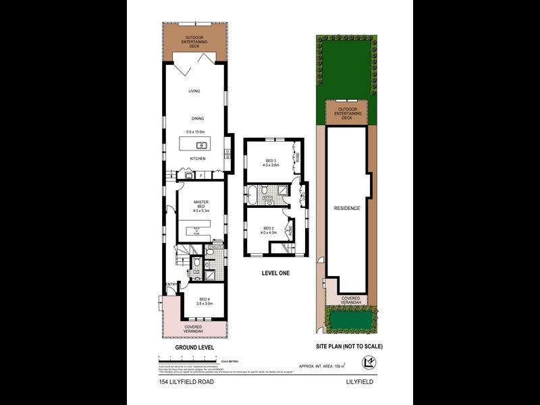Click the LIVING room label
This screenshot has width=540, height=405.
pos(194,91)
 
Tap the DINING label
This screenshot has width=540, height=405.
pos(197,117)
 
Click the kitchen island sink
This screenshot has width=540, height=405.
pos(201,144)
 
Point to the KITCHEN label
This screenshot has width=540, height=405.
pos(197,159)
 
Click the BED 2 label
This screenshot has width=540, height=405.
pos(269,228)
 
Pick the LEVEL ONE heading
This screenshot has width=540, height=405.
pos(276,273)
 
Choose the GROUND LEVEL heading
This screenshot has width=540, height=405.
pos(194,347)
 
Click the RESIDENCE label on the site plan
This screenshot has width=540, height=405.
pos(348,208)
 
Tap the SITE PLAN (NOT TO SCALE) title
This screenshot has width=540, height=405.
pos(349,346)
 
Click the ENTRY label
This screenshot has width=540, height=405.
pos(171,285)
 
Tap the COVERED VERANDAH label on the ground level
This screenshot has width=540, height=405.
pos(193,329)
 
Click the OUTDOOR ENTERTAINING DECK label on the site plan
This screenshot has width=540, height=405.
pos(348,113)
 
